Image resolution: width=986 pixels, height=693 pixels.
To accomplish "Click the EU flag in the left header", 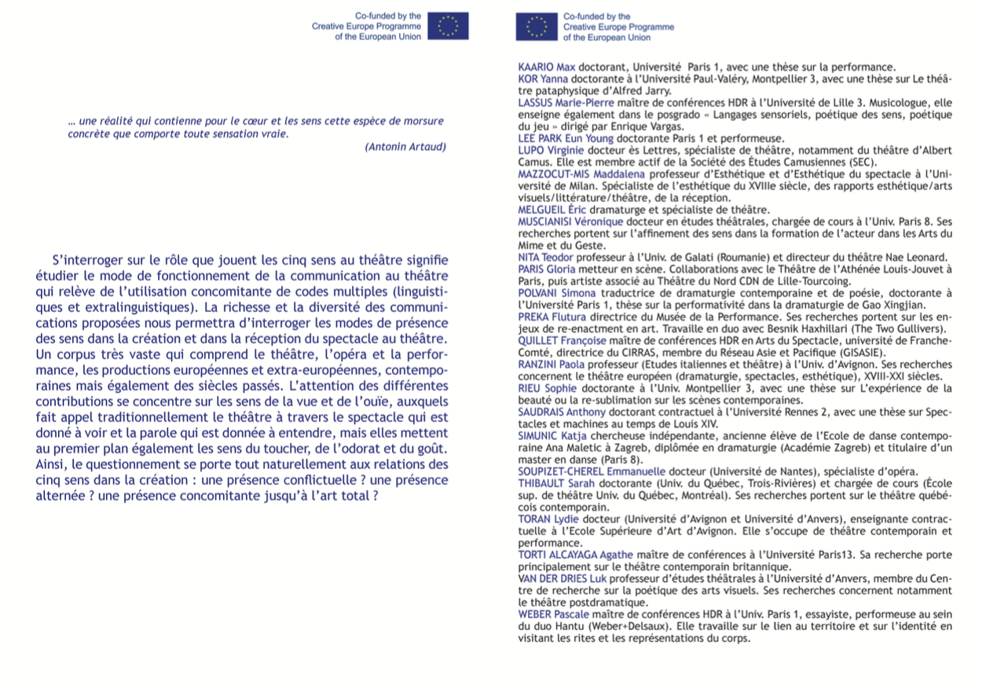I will pyautogui.click(x=448, y=26).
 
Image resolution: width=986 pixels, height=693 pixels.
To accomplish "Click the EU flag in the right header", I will pyautogui.click(x=537, y=27).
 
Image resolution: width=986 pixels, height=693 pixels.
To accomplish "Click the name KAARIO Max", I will pyautogui.click(x=547, y=67).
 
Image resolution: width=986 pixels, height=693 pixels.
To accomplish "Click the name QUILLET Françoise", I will pyautogui.click(x=562, y=341).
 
